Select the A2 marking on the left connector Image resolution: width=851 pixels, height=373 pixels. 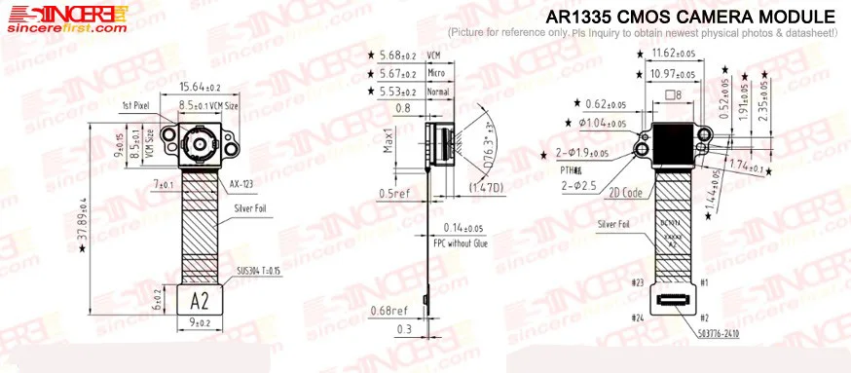pos(199,299)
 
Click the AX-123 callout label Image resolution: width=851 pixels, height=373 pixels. pos(242,183)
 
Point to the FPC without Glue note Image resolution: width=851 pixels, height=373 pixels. pos(460,244)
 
